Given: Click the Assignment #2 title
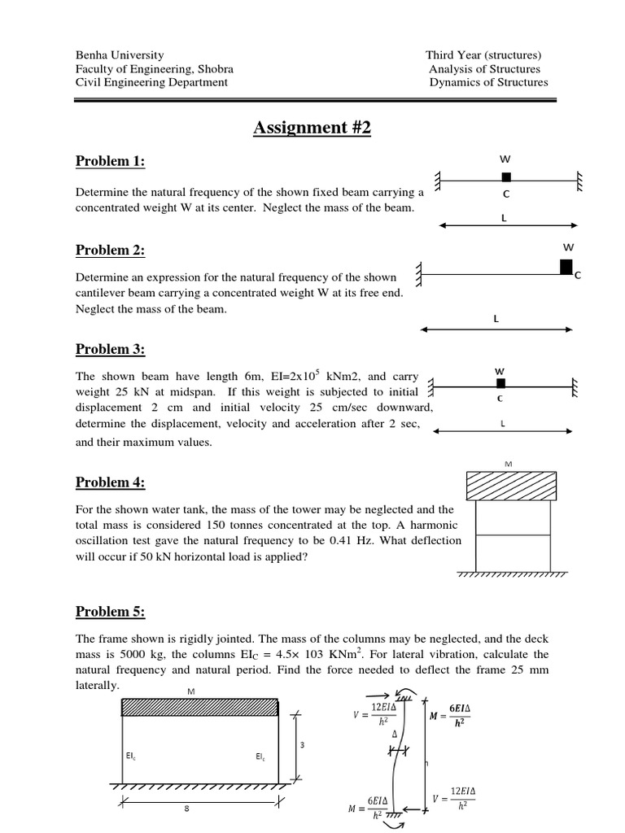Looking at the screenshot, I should coord(312,128).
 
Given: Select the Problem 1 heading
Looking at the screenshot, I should coord(110,161).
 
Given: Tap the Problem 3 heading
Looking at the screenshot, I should coord(110,349).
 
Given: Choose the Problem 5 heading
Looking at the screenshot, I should coord(110,612).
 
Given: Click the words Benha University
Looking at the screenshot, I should coord(120,55).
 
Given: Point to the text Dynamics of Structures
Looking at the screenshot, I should coord(488,82).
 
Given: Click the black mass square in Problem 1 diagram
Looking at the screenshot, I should coord(506,177).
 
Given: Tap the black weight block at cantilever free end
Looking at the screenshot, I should coord(566,266).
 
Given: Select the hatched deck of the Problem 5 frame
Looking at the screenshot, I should coord(200,707).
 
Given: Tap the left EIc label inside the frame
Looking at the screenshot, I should coord(131,757).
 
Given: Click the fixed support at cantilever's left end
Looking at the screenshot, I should coord(419,273).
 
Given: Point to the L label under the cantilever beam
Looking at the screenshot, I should coord(496,319).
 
